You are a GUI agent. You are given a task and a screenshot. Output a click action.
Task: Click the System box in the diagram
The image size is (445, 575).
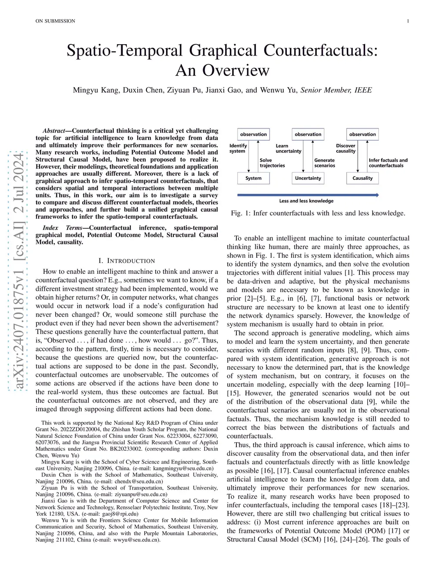pos(253,178)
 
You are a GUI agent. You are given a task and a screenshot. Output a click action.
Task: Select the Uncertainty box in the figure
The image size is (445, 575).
pos(308,178)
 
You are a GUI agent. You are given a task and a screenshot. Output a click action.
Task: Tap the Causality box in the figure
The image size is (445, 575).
pos(362,178)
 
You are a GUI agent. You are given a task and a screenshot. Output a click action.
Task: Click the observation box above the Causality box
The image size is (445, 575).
pos(362,134)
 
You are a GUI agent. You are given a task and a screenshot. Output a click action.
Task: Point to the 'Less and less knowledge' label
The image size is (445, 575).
pos(306,201)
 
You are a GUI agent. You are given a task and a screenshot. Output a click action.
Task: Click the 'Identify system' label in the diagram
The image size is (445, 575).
pos(238,148)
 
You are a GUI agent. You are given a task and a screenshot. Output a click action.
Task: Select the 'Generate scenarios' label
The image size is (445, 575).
pos(325,163)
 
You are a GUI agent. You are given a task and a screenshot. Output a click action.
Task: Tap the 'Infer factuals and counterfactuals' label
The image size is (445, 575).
pos(388,163)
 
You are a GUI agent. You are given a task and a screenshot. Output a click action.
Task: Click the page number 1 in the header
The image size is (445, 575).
pos(408,21)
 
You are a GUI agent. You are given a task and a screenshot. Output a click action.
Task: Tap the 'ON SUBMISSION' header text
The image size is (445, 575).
pos(55,21)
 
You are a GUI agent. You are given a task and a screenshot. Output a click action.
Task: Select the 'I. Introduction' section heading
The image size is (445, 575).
pos(126,261)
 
